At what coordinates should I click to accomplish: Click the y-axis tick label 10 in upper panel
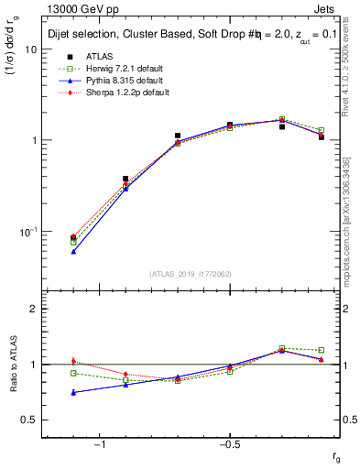[30, 49]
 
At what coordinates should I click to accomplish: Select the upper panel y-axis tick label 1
[33, 140]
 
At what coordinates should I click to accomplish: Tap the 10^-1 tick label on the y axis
[27, 231]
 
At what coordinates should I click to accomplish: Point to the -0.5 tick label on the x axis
[228, 443]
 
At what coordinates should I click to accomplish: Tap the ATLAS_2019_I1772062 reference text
[191, 273]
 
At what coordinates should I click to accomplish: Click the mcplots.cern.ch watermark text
[349, 229]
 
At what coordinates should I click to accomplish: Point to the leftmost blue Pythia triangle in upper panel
[73, 251]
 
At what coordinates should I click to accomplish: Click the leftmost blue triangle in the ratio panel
[73, 393]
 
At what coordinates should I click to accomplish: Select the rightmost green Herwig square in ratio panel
[321, 350]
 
